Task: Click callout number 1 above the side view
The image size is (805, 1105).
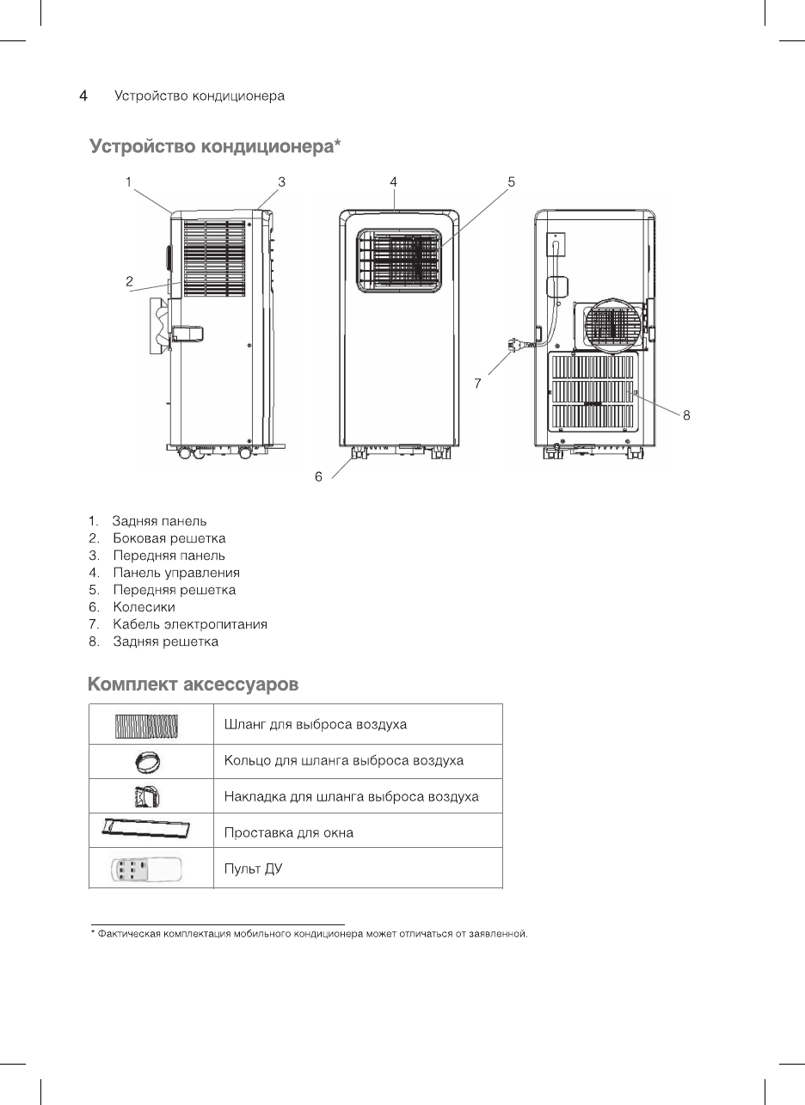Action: [127, 182]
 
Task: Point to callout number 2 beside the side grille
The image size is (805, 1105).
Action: [129, 281]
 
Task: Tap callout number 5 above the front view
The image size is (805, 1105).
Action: [511, 182]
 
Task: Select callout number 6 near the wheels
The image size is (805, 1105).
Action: [318, 476]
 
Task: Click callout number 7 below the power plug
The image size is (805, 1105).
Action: [477, 384]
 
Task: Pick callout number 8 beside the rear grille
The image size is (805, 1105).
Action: [686, 415]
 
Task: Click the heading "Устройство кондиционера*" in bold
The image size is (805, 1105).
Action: [216, 148]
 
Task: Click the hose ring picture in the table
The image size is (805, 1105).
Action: [145, 762]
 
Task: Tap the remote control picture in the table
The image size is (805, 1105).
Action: [147, 870]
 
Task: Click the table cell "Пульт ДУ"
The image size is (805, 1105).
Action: [253, 869]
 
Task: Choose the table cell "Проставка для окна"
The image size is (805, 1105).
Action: [288, 832]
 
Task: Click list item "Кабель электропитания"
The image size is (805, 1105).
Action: [190, 624]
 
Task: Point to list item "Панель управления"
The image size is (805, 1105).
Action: [176, 573]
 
